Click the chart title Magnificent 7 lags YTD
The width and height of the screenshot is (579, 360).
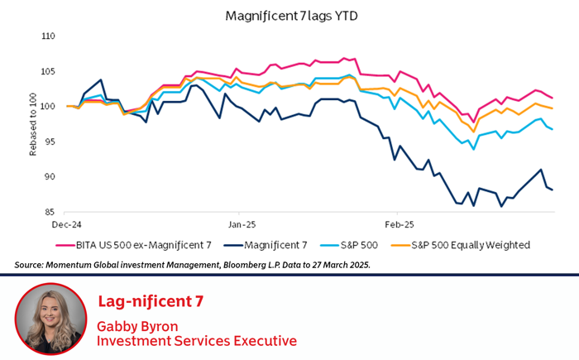[x=289, y=16]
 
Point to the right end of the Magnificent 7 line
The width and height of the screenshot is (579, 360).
[x=553, y=190]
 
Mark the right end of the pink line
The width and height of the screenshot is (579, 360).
[x=553, y=98]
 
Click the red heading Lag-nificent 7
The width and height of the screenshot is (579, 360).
[x=150, y=300]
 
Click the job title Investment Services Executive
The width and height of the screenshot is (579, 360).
[x=196, y=340]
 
